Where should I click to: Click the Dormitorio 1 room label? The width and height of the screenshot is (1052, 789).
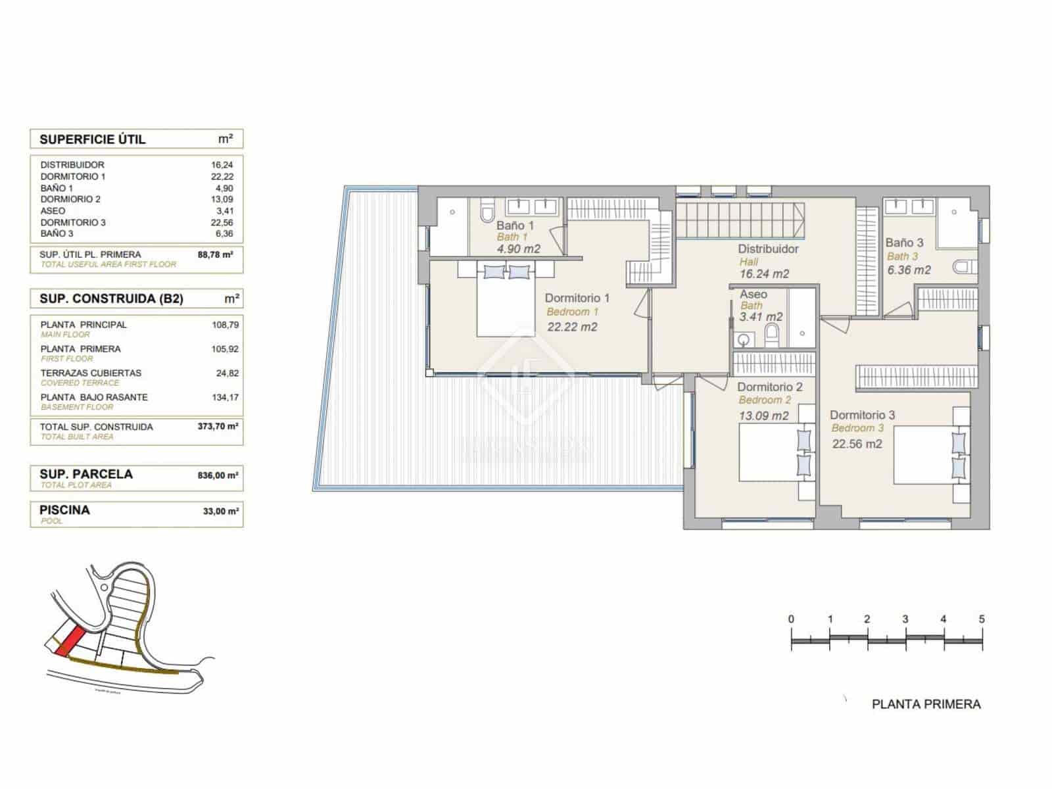577,298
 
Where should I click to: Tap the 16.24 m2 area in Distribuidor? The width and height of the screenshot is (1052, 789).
764,274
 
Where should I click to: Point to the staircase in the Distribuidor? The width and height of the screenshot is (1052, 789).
740,220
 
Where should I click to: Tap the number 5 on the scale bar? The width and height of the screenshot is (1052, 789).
982,619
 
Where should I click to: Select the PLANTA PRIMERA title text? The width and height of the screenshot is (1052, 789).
926,704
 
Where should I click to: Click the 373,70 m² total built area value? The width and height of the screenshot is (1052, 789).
218,426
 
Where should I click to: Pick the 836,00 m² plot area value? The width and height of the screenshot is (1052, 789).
218,475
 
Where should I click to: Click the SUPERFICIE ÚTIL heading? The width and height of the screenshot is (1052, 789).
92,139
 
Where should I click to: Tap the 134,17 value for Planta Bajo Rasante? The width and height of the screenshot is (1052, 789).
225,397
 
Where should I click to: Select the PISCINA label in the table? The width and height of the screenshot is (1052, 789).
64,510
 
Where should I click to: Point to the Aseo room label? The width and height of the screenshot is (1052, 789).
753,294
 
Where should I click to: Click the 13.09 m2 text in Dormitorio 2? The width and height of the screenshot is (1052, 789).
763,416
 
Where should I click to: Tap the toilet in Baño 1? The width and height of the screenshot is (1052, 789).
487,212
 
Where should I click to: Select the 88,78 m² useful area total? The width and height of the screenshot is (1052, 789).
216,254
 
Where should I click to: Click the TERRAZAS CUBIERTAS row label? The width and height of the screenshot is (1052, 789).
91,373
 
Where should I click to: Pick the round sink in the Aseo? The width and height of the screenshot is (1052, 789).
744,340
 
